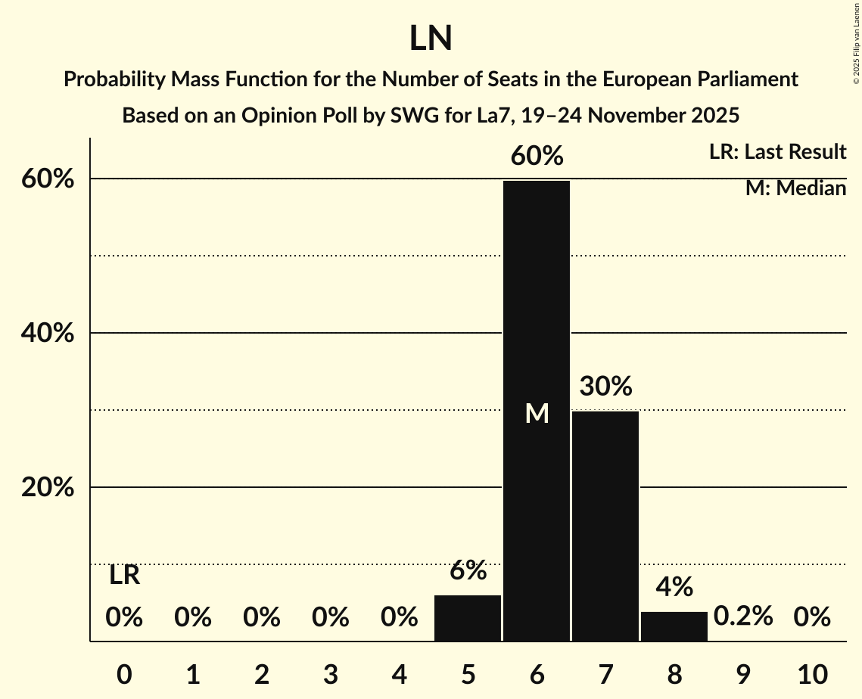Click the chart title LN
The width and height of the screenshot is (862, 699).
(x=431, y=39)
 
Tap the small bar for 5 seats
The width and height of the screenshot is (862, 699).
(x=468, y=618)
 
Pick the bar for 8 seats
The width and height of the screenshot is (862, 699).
(x=674, y=626)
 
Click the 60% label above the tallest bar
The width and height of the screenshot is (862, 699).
(x=537, y=156)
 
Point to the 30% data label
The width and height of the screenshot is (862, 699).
(x=605, y=387)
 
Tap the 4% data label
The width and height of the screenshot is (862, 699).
(x=674, y=586)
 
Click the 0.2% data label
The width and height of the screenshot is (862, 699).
(x=743, y=617)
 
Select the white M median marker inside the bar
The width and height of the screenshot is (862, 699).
(x=537, y=413)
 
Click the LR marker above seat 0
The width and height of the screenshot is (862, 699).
(x=124, y=575)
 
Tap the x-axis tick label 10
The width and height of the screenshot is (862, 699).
(x=812, y=673)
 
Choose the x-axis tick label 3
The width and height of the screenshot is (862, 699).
(x=331, y=673)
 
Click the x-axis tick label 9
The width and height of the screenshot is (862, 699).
(x=743, y=673)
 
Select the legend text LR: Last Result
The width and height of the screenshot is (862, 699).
(x=777, y=152)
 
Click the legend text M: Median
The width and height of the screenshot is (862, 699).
(x=795, y=188)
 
